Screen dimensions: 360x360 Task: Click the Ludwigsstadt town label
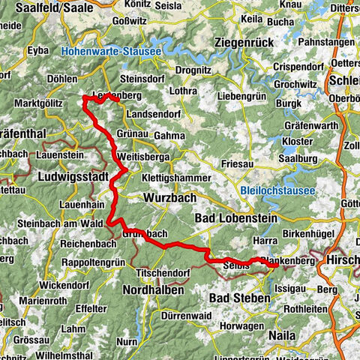70,177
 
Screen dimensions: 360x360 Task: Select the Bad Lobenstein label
235,218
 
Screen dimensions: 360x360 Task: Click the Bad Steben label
241,298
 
